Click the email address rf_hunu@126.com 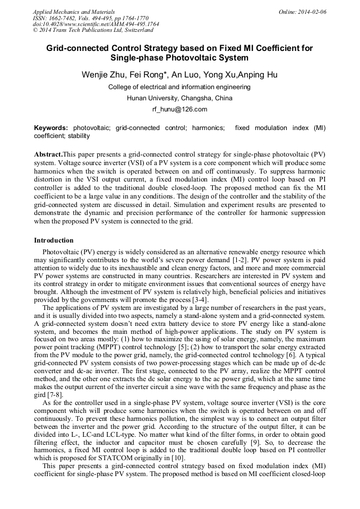pyautogui.click(x=179, y=109)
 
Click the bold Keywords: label pyautogui.click(x=51, y=128)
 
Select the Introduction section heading pyautogui.click(x=54, y=240)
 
